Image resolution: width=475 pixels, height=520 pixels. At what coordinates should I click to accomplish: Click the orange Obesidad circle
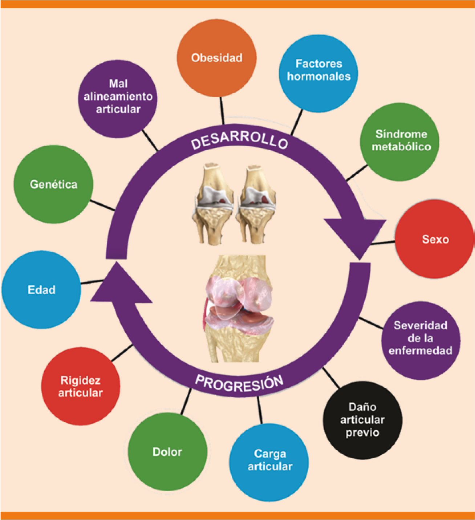tap(217, 58)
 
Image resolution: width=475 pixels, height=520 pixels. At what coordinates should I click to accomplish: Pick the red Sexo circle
tap(435, 239)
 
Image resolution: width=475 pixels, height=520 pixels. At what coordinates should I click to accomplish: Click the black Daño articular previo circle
tap(362, 420)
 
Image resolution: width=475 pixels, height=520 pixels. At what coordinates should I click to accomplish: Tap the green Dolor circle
tap(167, 452)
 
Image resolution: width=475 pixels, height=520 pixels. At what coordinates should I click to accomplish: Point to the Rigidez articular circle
tap(80, 386)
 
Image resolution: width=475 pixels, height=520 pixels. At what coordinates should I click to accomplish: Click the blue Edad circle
tap(41, 290)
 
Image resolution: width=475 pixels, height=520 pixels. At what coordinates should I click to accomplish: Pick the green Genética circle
tap(53, 184)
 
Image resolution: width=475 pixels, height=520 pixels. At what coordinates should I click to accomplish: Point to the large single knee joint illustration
tap(238, 309)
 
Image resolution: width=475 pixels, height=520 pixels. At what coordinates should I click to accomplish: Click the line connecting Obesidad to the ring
tap(222, 111)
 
